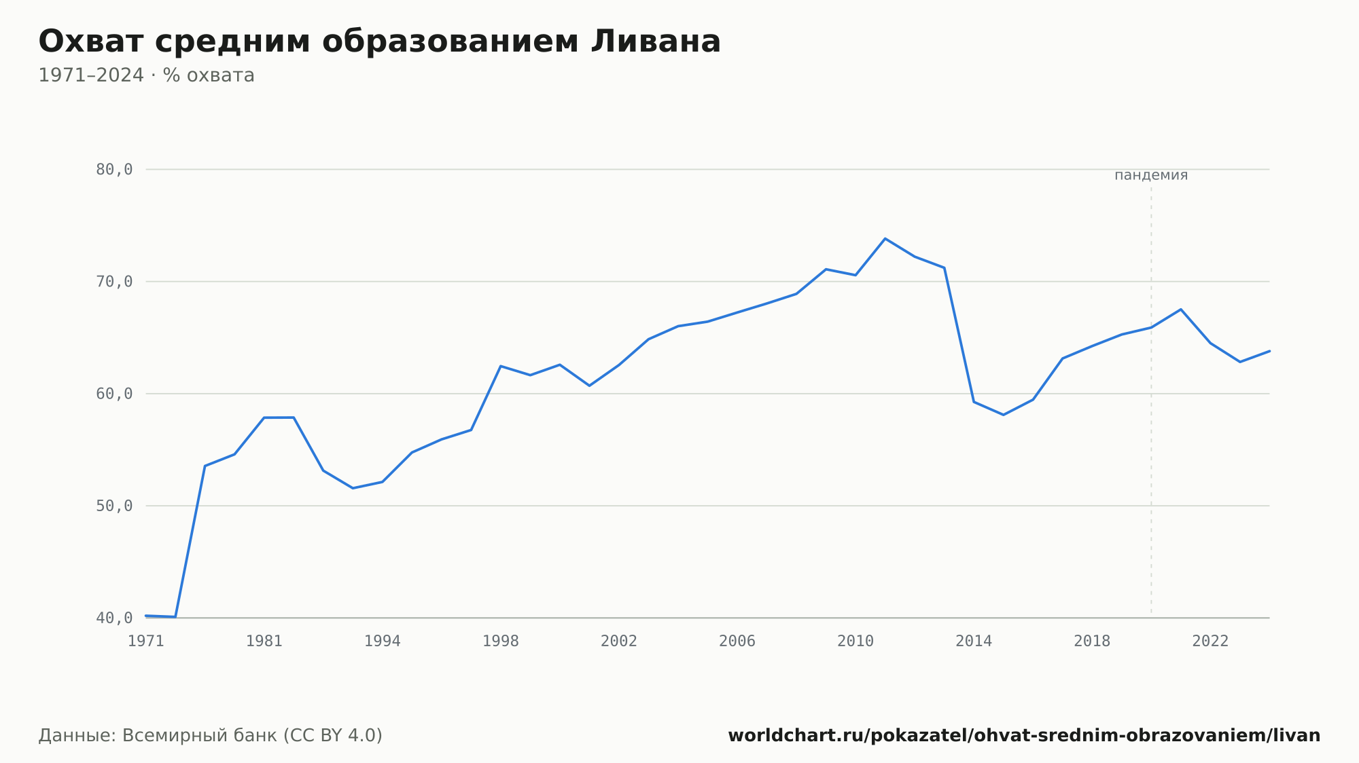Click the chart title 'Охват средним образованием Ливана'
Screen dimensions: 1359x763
coord(379,41)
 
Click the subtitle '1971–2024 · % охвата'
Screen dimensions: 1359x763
coord(146,75)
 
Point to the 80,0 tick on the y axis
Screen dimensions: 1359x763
coord(114,170)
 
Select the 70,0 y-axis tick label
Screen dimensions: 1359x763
coord(114,282)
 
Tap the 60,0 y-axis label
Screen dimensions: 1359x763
coord(114,394)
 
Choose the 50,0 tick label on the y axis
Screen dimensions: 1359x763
coord(114,506)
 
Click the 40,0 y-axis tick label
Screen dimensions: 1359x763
coord(114,618)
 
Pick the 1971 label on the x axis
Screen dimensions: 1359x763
coord(146,641)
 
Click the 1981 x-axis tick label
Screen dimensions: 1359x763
coord(264,641)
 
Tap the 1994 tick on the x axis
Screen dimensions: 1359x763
coord(383,641)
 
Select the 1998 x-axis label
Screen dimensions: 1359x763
coord(501,641)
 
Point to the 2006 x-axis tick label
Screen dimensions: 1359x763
coord(737,641)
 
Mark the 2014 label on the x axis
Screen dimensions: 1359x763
coord(974,641)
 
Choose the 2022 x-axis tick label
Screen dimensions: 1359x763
coord(1210,641)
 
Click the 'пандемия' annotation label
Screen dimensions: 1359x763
coord(1151,175)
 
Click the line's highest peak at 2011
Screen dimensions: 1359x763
coord(885,238)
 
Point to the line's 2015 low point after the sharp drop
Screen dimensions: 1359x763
coord(1003,415)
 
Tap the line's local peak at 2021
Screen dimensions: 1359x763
coord(1180,310)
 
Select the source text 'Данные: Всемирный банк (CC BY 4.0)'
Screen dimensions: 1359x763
coord(211,736)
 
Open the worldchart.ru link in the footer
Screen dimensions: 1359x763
coord(1024,736)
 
